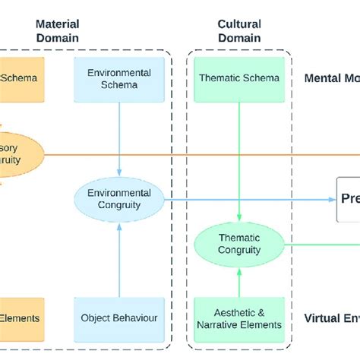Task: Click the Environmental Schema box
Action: click(x=118, y=77)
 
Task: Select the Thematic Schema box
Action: click(x=239, y=77)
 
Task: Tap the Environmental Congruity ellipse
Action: click(x=118, y=199)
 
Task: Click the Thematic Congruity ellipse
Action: click(x=239, y=244)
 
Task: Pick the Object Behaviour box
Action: click(x=118, y=318)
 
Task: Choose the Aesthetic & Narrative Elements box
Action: click(x=239, y=318)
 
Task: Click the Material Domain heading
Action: click(x=57, y=30)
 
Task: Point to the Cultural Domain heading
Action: click(x=239, y=30)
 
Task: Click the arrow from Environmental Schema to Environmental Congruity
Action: click(x=118, y=137)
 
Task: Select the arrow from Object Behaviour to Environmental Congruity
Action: click(x=118, y=258)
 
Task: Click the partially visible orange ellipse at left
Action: click(x=20, y=154)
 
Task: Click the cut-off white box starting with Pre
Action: click(x=349, y=199)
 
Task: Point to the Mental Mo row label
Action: click(x=331, y=78)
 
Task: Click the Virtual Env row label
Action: click(x=331, y=318)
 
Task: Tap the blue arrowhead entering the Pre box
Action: click(x=333, y=199)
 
